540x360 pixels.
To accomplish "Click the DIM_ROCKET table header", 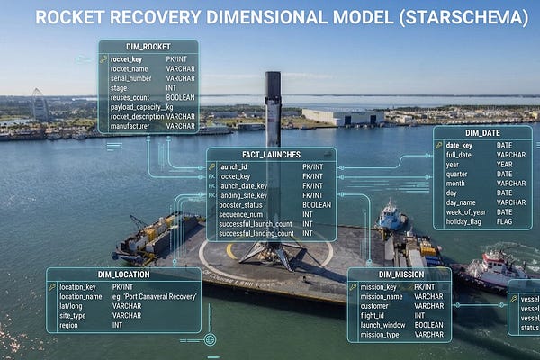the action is coord(148,47).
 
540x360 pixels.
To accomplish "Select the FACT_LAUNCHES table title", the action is coord(271,155).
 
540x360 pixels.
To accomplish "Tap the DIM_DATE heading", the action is coord(481,132).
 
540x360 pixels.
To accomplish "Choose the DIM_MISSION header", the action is coord(399,274).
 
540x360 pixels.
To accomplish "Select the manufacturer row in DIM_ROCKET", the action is coord(131,127).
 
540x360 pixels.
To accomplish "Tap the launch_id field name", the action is coord(233,166).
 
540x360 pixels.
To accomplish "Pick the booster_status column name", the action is coord(242,204).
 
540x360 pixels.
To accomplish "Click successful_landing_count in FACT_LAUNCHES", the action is coord(256,233).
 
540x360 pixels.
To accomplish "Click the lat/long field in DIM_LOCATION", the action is coord(74,306).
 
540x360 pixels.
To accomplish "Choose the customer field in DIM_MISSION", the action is coord(375,306).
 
